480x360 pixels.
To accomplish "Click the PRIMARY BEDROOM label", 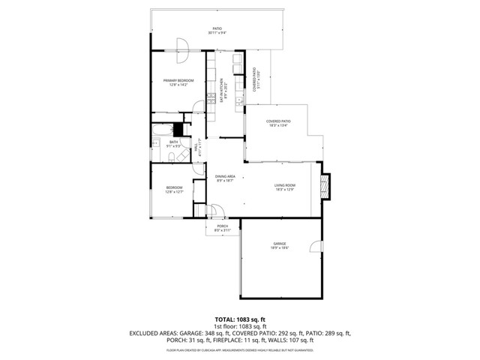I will click(x=179, y=80).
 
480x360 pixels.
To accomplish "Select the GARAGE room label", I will click(x=280, y=244).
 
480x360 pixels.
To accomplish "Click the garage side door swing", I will click(x=318, y=247).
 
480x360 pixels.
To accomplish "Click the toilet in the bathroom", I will click(x=171, y=156).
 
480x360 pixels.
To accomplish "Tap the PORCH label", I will click(x=222, y=226).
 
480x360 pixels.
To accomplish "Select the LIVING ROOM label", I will click(x=284, y=185).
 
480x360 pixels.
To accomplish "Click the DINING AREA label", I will click(x=225, y=177).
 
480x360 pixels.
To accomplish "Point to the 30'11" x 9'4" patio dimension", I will click(x=217, y=33).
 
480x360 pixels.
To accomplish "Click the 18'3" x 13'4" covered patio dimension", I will click(x=278, y=126).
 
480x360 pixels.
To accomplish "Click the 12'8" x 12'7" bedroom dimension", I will click(x=175, y=193).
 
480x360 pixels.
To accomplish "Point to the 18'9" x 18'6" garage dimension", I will click(x=280, y=248).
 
